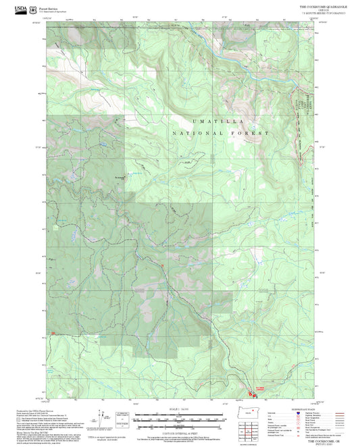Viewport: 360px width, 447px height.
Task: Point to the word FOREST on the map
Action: (x=251, y=134)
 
